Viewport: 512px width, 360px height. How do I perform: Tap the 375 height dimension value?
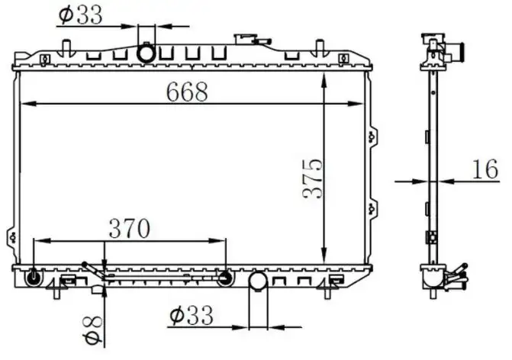[314, 178]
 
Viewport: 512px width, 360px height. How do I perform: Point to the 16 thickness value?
[484, 169]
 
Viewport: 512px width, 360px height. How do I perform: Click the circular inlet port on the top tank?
[146, 54]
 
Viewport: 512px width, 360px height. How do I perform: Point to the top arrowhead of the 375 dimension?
[326, 79]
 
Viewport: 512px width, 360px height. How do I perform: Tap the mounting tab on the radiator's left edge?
[10, 235]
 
